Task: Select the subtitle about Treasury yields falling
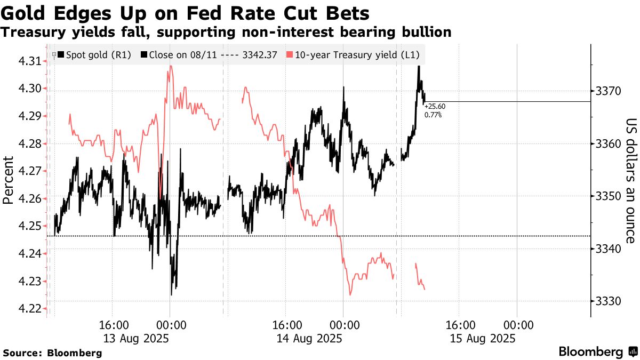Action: pos(226,33)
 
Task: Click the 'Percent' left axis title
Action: pos(8,180)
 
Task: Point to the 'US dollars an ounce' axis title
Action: pos(631,180)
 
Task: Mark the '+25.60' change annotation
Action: pos(435,107)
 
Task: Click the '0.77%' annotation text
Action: pos(433,114)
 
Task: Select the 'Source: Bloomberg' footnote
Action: pos(52,353)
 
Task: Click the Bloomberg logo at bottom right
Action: pos(597,352)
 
